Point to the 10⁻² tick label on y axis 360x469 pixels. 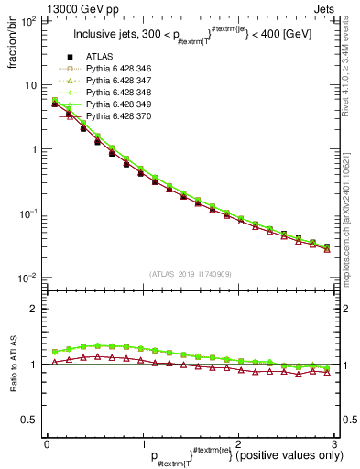click(27, 278)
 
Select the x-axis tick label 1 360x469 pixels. click(143, 442)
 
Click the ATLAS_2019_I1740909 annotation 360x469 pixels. click(190, 274)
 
